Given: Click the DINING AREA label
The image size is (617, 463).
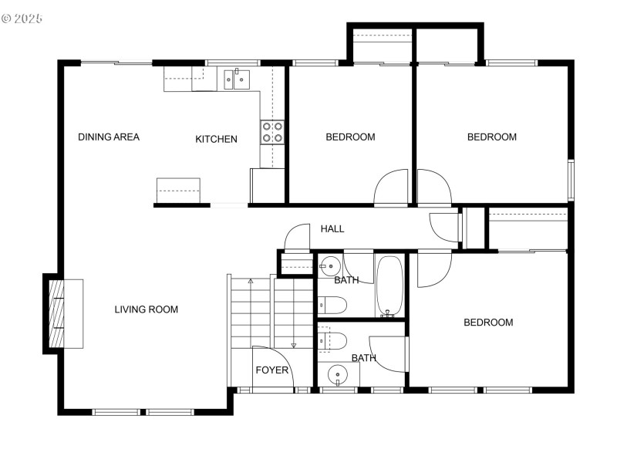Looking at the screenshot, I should (109, 137).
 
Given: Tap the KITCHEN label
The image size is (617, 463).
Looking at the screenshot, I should (216, 140).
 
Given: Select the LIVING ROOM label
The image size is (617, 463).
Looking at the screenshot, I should (147, 310).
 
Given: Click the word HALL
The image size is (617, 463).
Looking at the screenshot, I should (332, 229).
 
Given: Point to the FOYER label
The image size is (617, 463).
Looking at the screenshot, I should (272, 370).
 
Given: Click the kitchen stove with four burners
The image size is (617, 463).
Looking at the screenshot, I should (272, 132).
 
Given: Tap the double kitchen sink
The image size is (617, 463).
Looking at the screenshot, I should (238, 78).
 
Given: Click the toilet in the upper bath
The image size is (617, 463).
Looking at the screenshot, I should (329, 304).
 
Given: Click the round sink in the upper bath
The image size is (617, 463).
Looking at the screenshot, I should (329, 265).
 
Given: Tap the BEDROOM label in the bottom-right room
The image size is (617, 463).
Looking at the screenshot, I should (488, 323).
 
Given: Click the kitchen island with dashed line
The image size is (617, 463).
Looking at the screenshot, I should (178, 190).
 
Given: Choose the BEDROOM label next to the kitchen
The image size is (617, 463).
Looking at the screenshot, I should (350, 137).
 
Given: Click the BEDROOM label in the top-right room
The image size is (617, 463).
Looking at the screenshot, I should (492, 137).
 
